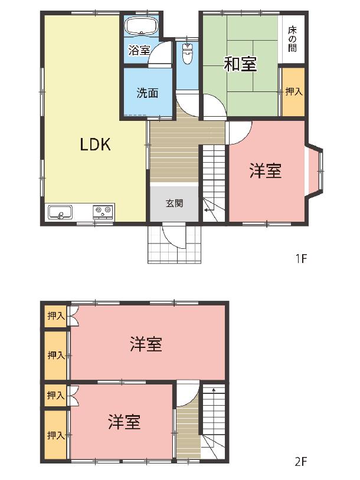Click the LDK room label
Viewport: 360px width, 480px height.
pos(95,144)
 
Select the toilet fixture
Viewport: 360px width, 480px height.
pos(187,53)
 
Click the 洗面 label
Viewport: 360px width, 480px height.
pos(148,93)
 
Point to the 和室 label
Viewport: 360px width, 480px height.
pos(240,64)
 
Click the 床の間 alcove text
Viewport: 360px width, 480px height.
pos(293,39)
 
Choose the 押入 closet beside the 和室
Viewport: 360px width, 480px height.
pos(293,91)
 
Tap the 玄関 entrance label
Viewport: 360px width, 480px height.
pos(174,203)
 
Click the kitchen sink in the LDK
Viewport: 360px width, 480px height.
pos(60,212)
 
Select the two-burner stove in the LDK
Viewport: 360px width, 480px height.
pos(103,212)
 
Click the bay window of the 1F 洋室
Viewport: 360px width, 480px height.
pos(315,170)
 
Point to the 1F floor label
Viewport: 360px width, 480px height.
pos(301,259)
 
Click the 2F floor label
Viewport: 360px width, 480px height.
pos(301,461)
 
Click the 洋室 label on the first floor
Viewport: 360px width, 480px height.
pos(266,171)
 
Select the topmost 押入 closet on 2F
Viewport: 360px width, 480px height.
pos(55,316)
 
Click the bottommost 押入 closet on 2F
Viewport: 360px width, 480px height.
pos(55,435)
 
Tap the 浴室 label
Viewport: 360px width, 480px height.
pos(139,51)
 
